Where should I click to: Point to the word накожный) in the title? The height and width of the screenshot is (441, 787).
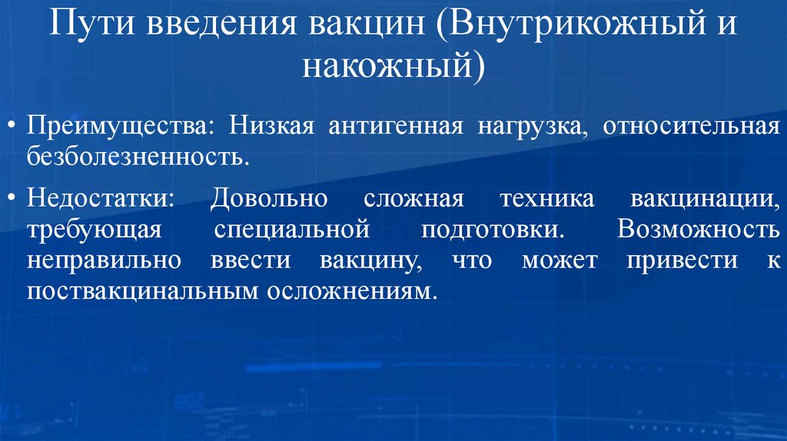(x=393, y=65)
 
